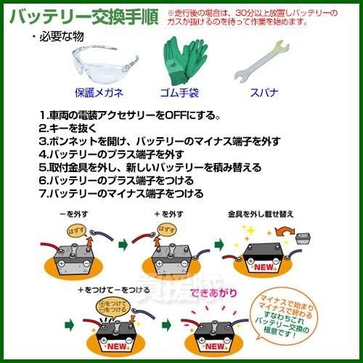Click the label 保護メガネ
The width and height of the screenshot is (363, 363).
pyautogui.click(x=99, y=93)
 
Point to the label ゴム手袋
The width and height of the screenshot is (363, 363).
pyautogui.click(x=179, y=93)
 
